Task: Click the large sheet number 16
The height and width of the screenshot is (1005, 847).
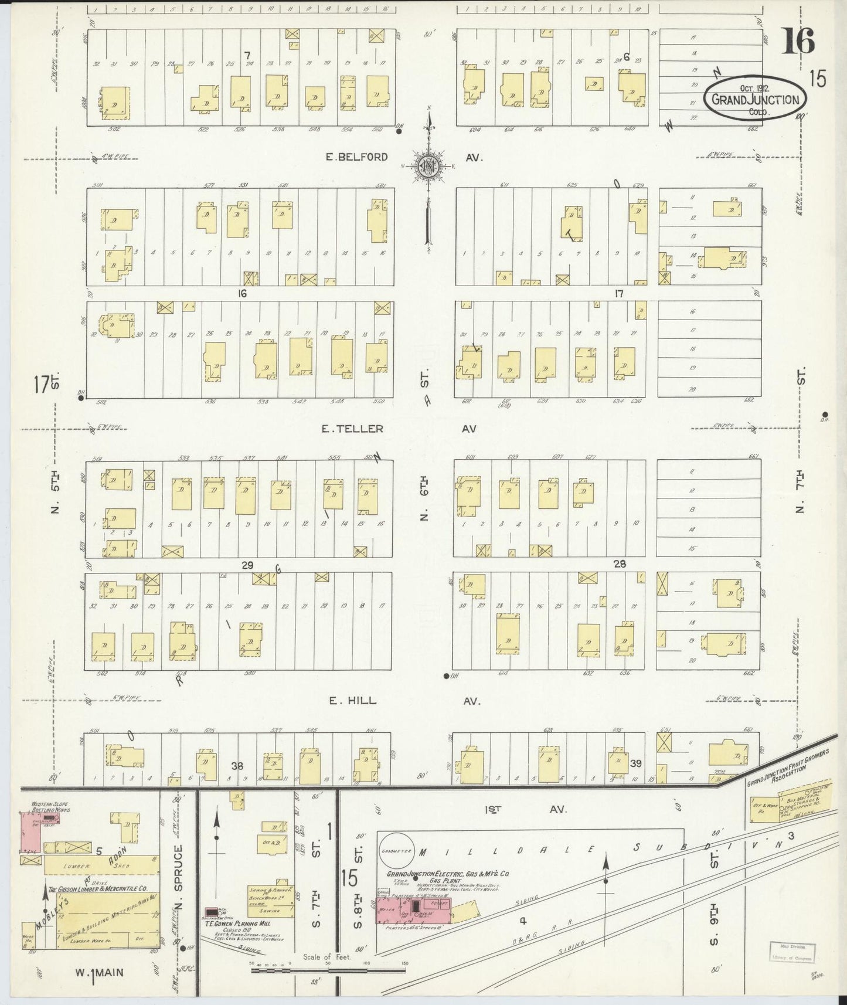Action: [798, 42]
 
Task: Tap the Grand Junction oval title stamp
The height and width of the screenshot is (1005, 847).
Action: [755, 99]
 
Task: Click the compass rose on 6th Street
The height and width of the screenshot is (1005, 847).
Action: [429, 166]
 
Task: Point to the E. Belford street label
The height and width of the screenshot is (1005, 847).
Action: [357, 157]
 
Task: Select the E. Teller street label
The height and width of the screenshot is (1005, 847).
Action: [352, 429]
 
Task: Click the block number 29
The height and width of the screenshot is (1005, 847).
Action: [247, 565]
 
